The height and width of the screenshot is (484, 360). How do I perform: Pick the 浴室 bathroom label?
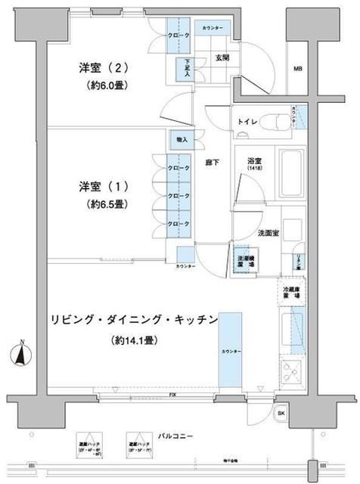point(253,162)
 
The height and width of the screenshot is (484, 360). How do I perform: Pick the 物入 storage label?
point(183,139)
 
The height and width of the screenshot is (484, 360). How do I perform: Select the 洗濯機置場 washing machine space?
point(243,261)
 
